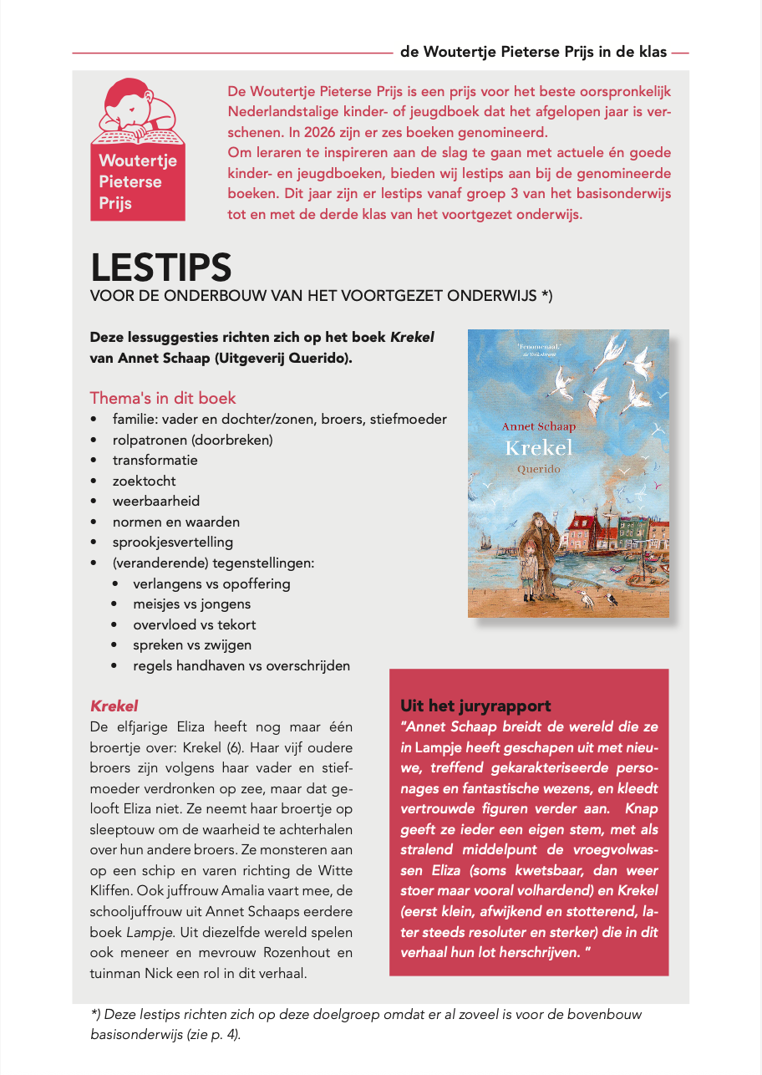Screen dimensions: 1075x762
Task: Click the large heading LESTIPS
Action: (x=160, y=267)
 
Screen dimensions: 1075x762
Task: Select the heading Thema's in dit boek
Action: (x=163, y=398)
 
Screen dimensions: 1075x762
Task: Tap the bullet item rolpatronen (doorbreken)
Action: (x=193, y=440)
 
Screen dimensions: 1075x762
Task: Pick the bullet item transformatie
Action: (x=155, y=460)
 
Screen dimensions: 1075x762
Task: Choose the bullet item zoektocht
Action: (x=145, y=481)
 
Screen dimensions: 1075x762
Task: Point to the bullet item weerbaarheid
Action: (x=156, y=501)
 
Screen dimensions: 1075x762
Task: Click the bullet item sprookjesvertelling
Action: (x=173, y=542)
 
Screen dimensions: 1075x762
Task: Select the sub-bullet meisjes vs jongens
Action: (x=191, y=604)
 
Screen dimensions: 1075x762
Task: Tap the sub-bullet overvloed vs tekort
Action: (x=195, y=624)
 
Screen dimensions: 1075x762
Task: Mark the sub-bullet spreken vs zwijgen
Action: (x=192, y=645)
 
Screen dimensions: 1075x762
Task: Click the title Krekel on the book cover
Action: (x=539, y=447)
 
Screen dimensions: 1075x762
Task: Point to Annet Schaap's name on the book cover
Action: (x=539, y=426)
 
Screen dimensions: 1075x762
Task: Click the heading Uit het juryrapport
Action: (x=475, y=706)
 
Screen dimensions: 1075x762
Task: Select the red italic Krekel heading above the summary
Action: (x=114, y=706)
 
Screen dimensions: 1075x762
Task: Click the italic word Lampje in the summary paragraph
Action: (x=146, y=931)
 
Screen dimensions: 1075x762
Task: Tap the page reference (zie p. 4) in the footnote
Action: (x=211, y=1034)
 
